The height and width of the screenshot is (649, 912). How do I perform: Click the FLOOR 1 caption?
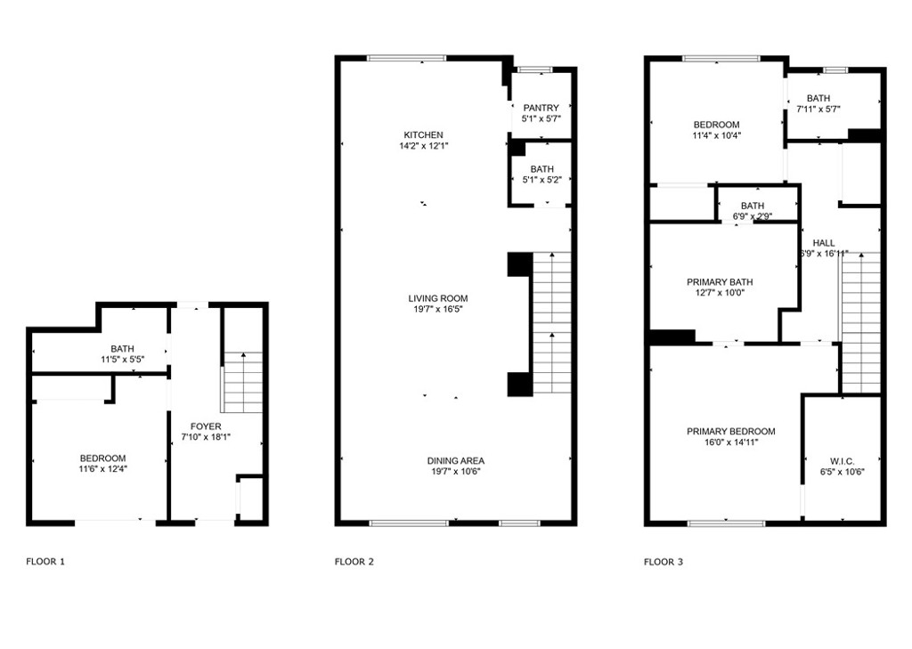pyautogui.click(x=45, y=562)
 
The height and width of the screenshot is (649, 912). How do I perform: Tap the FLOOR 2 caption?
pyautogui.click(x=354, y=562)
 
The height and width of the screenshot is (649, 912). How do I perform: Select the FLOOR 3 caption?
pyautogui.click(x=664, y=562)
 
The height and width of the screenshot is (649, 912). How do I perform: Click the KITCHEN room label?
pyautogui.click(x=423, y=135)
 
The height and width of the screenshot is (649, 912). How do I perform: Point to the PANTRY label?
pyautogui.click(x=541, y=108)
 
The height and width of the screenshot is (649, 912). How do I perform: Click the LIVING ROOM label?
pyautogui.click(x=438, y=298)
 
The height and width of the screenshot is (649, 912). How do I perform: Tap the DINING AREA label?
pyautogui.click(x=455, y=460)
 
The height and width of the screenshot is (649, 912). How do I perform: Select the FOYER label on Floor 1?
pyautogui.click(x=206, y=426)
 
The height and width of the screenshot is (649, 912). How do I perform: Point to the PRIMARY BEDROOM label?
pyautogui.click(x=731, y=432)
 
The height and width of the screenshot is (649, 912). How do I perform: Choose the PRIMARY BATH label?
pyautogui.click(x=720, y=282)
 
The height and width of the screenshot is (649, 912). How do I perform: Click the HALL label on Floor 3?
pyautogui.click(x=824, y=243)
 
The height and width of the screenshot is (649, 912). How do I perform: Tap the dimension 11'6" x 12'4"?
pyautogui.click(x=103, y=468)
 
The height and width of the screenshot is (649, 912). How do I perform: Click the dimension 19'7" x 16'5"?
pyautogui.click(x=438, y=310)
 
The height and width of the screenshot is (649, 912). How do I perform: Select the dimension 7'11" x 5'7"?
pyautogui.click(x=818, y=110)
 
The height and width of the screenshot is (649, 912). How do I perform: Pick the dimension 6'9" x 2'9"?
pyautogui.click(x=753, y=217)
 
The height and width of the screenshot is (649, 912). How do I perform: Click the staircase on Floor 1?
pyautogui.click(x=243, y=383)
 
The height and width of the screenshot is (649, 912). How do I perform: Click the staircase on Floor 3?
pyautogui.click(x=861, y=323)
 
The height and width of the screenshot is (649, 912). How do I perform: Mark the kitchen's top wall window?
pyautogui.click(x=406, y=58)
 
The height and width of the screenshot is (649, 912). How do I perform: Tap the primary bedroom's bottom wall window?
pyautogui.click(x=727, y=523)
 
